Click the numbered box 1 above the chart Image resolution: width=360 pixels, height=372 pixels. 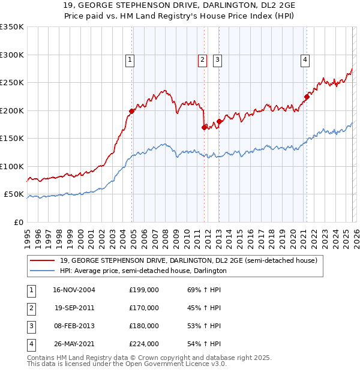coord(130,59)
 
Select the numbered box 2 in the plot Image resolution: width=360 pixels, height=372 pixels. coord(202,59)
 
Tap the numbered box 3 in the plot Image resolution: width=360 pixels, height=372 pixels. coord(217,59)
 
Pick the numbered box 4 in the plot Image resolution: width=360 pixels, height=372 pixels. coord(305,59)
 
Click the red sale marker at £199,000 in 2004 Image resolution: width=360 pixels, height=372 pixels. coord(132,111)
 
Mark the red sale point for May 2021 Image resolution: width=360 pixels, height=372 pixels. coord(307,97)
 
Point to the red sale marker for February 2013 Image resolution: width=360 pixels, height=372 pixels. coord(219,121)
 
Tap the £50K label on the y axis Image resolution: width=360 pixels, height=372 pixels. coord(14,194)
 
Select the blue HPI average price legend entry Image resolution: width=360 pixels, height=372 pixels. coord(143,271)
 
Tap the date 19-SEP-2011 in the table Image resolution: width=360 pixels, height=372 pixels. coord(74,307)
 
